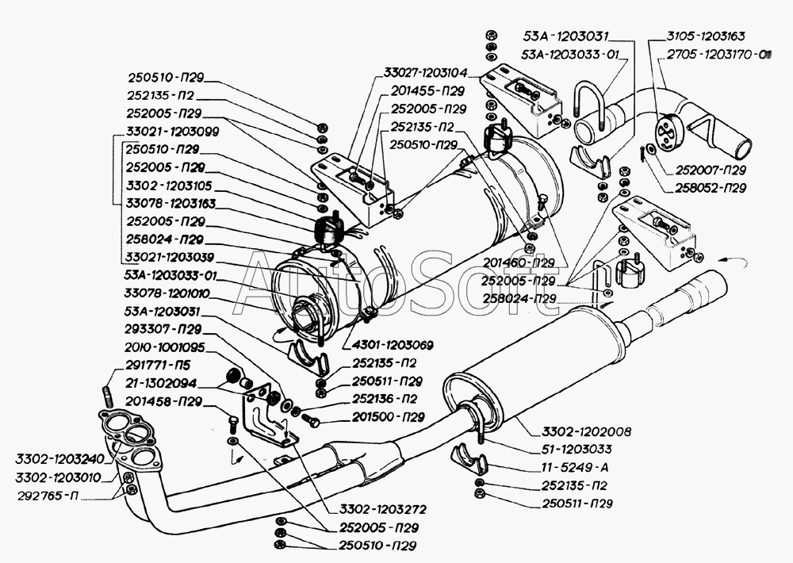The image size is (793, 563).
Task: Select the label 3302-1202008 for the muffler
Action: click(587, 432)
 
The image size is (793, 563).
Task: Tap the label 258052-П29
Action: click(711, 188)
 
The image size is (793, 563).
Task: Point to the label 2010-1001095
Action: click(164, 347)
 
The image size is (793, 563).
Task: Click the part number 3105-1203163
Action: click(706, 36)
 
